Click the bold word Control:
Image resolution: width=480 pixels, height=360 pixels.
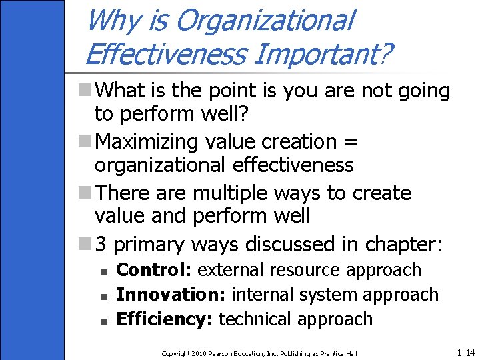click(155, 270)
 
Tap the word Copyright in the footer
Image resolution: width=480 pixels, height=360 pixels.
click(175, 353)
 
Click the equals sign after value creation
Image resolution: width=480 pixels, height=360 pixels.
click(351, 142)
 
